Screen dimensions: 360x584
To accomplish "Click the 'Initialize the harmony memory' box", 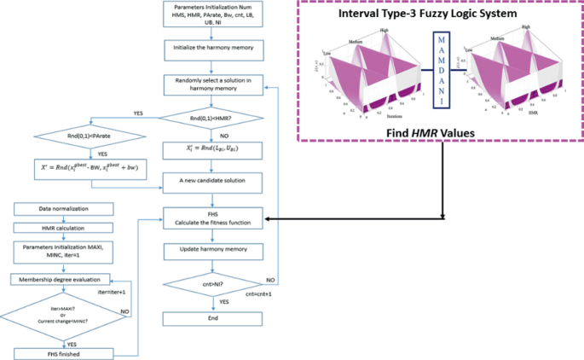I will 212,49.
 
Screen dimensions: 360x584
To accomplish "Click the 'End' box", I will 212,317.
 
